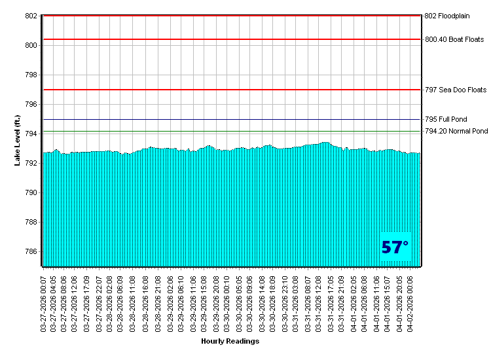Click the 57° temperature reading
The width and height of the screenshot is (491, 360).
(x=395, y=247)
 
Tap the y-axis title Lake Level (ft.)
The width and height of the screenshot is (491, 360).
(x=18, y=140)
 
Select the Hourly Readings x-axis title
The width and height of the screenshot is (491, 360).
(x=230, y=341)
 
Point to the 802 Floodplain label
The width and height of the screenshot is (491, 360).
(x=447, y=16)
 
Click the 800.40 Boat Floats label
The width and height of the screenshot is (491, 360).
(x=454, y=39)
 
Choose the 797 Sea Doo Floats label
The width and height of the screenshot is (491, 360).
(x=456, y=90)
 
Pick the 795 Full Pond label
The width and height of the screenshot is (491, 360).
(x=446, y=120)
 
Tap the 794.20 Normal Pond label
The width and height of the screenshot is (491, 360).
(x=456, y=132)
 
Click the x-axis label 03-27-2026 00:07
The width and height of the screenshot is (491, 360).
(x=44, y=302)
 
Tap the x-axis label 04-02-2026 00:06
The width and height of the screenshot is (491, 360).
(x=411, y=302)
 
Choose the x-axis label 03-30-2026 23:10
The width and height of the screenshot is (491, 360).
(x=285, y=302)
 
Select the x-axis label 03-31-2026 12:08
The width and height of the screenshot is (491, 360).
(x=319, y=302)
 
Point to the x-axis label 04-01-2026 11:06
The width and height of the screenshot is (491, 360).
(x=376, y=302)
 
